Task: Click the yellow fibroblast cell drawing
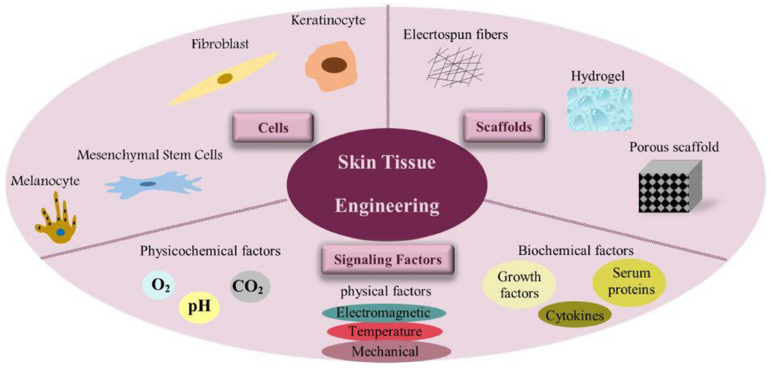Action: point(224,79)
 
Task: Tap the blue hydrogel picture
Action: point(599,109)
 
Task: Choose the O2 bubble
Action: point(158,285)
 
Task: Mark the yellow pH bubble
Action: point(198,307)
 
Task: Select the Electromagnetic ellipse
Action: point(383,313)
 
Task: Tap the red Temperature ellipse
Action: point(384,331)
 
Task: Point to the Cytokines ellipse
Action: point(575,315)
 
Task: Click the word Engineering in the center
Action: point(388,206)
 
